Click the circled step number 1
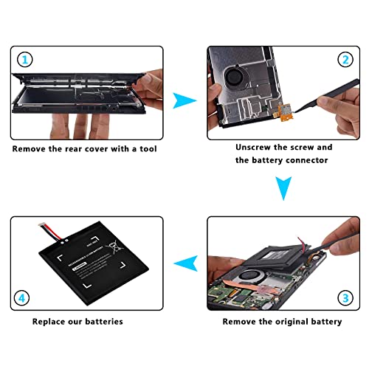coord(24,60)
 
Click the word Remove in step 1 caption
coord(30,148)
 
